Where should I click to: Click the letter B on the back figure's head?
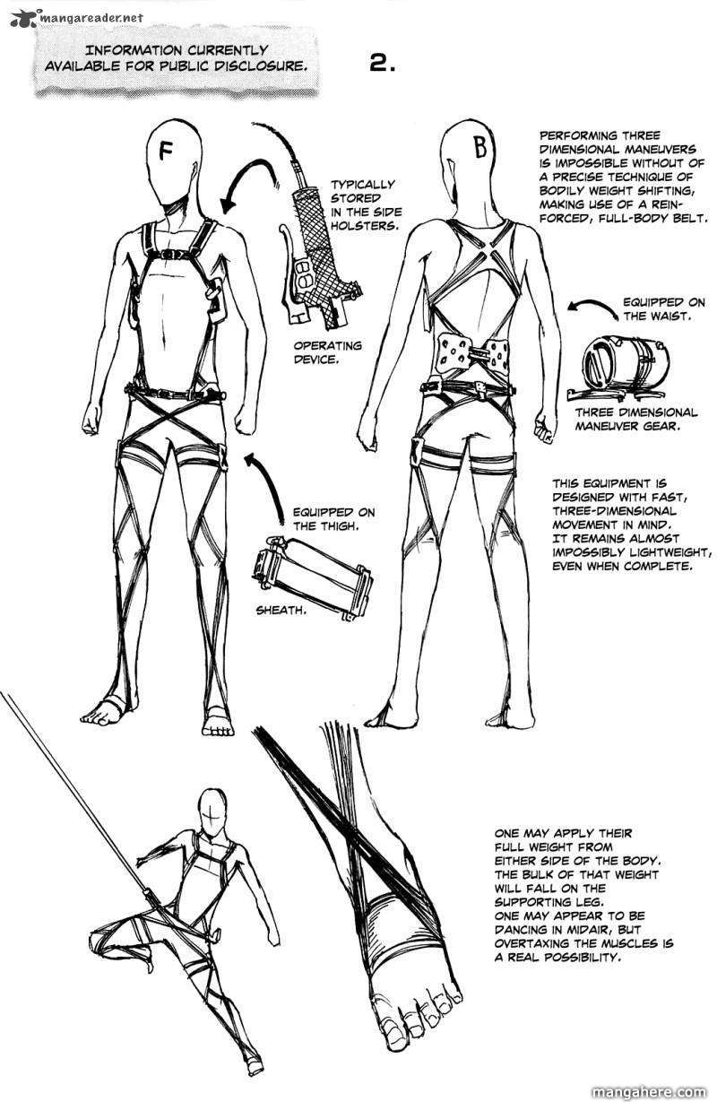point(480,147)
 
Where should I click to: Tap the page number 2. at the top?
point(382,64)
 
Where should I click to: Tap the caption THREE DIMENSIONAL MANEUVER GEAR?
point(636,419)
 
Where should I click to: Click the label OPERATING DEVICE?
point(327,351)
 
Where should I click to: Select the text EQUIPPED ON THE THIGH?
point(334,519)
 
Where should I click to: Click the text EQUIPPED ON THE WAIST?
point(664,309)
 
